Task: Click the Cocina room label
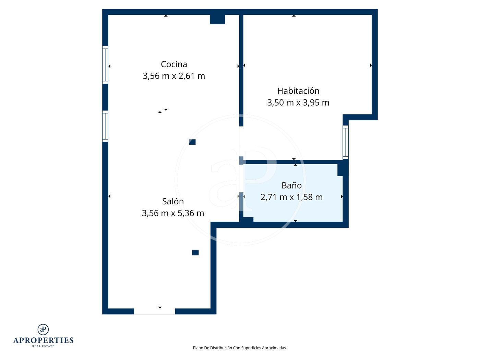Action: [x=174, y=64]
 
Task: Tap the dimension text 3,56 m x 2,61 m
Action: [x=174, y=76]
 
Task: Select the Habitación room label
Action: [x=298, y=91]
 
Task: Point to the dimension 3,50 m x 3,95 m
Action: [x=298, y=103]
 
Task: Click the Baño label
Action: [x=291, y=185]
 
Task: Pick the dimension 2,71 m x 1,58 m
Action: [x=291, y=197]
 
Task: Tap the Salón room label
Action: [x=173, y=201]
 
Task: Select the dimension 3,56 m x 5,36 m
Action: [x=173, y=213]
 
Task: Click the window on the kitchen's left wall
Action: [x=105, y=65]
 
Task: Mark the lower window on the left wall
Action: [x=105, y=126]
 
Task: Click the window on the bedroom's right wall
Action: [x=346, y=142]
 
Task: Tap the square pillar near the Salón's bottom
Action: [x=195, y=252]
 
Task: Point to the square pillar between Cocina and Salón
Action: [x=192, y=142]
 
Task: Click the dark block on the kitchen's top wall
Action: [x=217, y=19]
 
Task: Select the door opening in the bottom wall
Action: [x=154, y=311]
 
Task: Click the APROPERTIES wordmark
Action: [x=43, y=340]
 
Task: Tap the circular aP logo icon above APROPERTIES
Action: [x=43, y=329]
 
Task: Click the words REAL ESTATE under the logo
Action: [x=43, y=346]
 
